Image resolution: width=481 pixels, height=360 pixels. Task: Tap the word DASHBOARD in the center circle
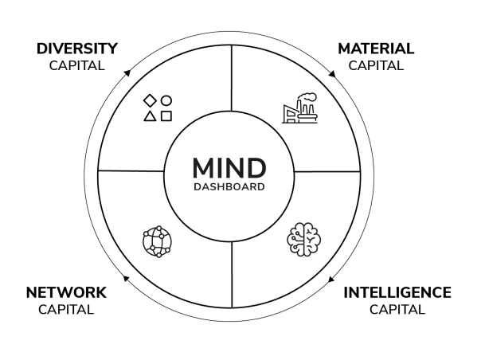coord(229,189)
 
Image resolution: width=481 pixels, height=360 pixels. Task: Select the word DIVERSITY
coord(76,49)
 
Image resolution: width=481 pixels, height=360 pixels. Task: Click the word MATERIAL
coord(376,49)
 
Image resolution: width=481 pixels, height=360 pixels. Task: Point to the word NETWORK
coord(66,293)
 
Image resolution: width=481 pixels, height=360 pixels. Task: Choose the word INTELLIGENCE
coord(397,293)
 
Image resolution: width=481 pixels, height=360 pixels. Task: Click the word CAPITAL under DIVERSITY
coord(76,65)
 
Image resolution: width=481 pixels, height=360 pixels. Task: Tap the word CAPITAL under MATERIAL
coord(376,65)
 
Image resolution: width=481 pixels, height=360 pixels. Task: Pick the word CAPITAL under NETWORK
coord(66,309)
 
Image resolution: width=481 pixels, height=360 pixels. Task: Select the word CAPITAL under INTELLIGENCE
coord(397,309)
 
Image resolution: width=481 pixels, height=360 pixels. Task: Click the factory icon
coord(299,109)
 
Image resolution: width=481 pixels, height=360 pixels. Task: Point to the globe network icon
coord(156,241)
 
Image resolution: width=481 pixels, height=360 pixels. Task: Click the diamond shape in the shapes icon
coord(149,101)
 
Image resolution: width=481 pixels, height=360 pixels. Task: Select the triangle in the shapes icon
coord(149,116)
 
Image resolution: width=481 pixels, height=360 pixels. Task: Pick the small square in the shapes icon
coord(166,116)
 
